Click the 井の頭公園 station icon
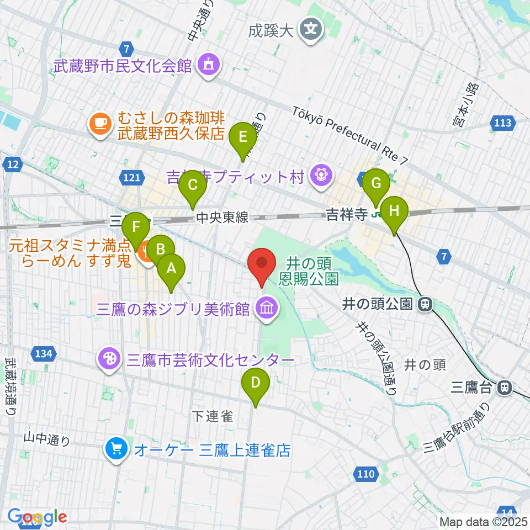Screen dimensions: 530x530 click(425, 304)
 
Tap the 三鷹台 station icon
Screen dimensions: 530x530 click(504, 388)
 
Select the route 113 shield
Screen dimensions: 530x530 click(503, 123)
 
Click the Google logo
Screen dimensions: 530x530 click(37, 517)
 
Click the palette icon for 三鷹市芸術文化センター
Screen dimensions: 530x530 click(108, 359)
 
